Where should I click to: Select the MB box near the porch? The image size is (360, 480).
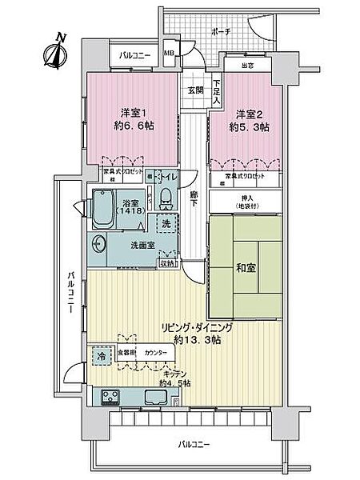169,54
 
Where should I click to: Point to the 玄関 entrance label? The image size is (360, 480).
195,90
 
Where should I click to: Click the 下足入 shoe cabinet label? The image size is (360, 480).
217,90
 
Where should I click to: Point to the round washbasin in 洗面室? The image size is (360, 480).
100,244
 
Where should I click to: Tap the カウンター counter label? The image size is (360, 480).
157,352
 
